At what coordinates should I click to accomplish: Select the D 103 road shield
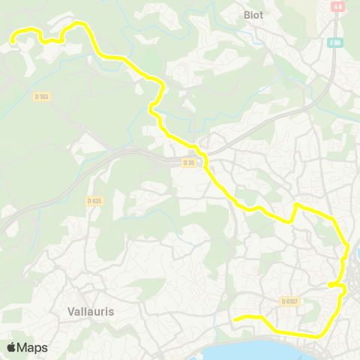pyautogui.click(x=41, y=96)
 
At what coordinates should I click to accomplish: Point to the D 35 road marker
pyautogui.click(x=189, y=161)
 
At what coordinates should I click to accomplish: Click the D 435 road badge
pyautogui.click(x=94, y=200)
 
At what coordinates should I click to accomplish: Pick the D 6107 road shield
pyautogui.click(x=290, y=301)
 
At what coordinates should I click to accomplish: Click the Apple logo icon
pyautogui.click(x=12, y=347)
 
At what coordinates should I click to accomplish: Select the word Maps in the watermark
pyautogui.click(x=33, y=347)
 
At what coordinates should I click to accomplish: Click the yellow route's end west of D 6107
pyautogui.click(x=235, y=320)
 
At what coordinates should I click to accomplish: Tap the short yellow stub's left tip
pyautogui.click(x=329, y=284)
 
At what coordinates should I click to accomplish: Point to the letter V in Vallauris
pyautogui.click(x=70, y=311)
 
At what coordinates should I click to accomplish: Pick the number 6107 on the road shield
pyautogui.click(x=292, y=301)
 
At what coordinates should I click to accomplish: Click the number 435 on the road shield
pyautogui.click(x=96, y=200)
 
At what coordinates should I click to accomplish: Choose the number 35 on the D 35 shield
pyautogui.click(x=191, y=161)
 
